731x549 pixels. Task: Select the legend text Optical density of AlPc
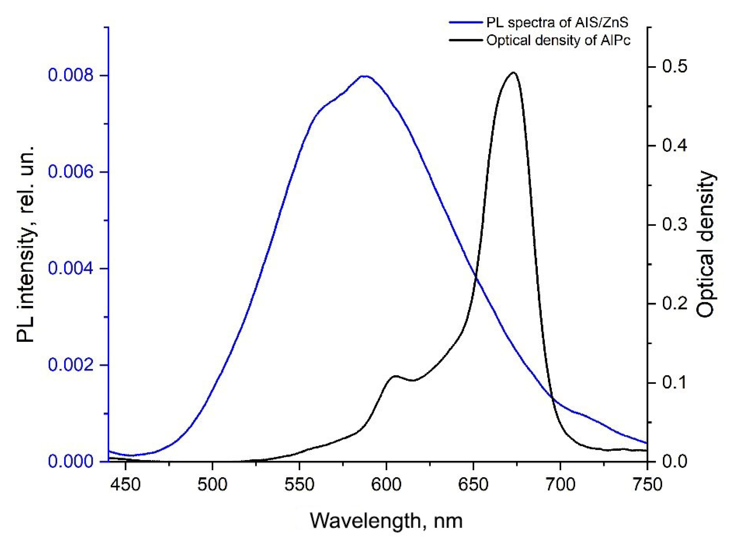(558, 40)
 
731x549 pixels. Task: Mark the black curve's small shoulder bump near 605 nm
(396, 376)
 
